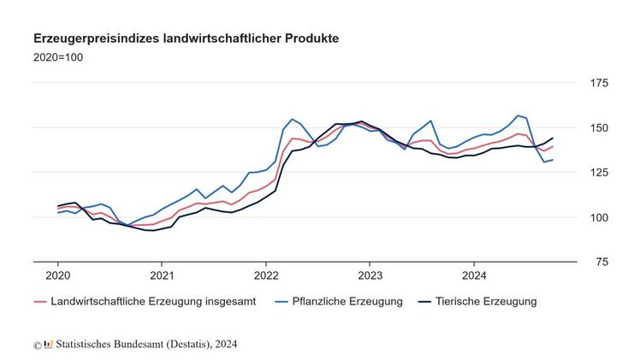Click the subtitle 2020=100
58,57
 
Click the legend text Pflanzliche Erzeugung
346,302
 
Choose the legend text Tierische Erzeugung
485,302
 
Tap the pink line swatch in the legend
39,302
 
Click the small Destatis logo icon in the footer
48,345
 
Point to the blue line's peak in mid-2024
518,115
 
